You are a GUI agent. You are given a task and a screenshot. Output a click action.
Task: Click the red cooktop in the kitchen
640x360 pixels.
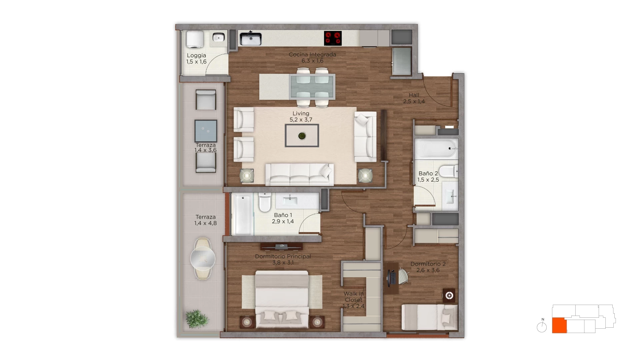[x=333, y=38]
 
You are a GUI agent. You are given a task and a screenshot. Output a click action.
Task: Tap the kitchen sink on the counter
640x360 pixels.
[x=250, y=39]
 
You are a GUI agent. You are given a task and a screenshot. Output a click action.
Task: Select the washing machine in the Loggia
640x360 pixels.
[x=195, y=39]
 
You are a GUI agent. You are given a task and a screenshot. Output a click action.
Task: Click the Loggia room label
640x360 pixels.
[x=196, y=59]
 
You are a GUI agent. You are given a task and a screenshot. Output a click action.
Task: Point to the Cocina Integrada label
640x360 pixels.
[x=312, y=57]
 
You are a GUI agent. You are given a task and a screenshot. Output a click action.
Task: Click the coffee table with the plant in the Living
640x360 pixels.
[x=302, y=136]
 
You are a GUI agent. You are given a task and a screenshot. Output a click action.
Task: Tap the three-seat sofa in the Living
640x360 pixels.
[x=299, y=174]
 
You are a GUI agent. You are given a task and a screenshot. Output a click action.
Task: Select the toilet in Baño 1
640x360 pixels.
[x=265, y=202]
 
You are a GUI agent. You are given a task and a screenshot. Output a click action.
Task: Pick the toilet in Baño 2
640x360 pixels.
[x=448, y=171]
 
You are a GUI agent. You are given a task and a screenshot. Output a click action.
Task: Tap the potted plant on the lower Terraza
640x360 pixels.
[x=197, y=319]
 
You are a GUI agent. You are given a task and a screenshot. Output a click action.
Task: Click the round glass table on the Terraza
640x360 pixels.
[x=203, y=258]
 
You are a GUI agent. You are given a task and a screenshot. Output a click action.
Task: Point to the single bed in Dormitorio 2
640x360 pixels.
[x=429, y=317]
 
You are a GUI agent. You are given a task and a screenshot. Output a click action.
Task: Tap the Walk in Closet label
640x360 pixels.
[x=354, y=300]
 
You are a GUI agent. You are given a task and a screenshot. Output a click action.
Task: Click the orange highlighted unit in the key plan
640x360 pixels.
[x=559, y=325]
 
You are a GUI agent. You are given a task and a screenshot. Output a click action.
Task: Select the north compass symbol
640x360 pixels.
[x=542, y=326]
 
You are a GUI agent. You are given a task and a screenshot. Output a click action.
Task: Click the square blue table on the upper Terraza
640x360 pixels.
[x=206, y=131]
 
